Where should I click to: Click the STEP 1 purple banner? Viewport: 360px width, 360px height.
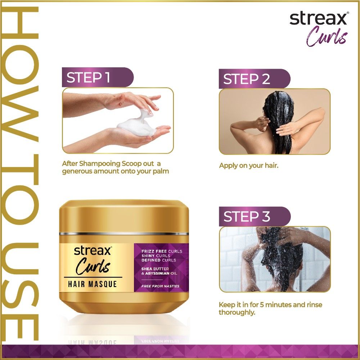coord(97,77)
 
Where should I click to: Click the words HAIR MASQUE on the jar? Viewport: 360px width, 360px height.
coord(93,284)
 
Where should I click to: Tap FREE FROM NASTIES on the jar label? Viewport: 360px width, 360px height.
coord(160,286)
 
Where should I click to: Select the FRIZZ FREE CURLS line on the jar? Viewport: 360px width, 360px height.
coord(162,251)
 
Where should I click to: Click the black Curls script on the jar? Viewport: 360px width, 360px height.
coord(93,267)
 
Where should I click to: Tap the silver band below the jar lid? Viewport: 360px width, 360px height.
coord(124,234)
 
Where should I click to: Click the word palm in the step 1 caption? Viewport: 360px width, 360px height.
coord(161,171)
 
